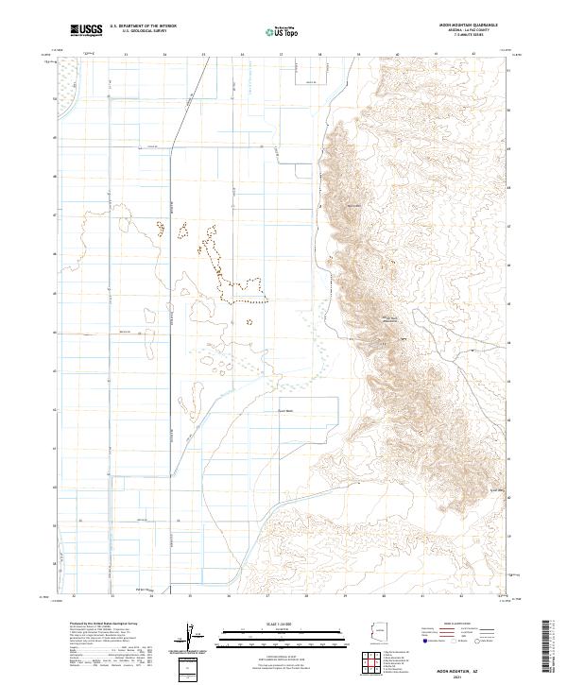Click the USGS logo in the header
[x=86, y=30]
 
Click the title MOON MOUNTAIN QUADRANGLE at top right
[x=469, y=26]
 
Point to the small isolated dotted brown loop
[x=249, y=321]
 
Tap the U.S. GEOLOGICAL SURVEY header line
[x=143, y=32]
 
